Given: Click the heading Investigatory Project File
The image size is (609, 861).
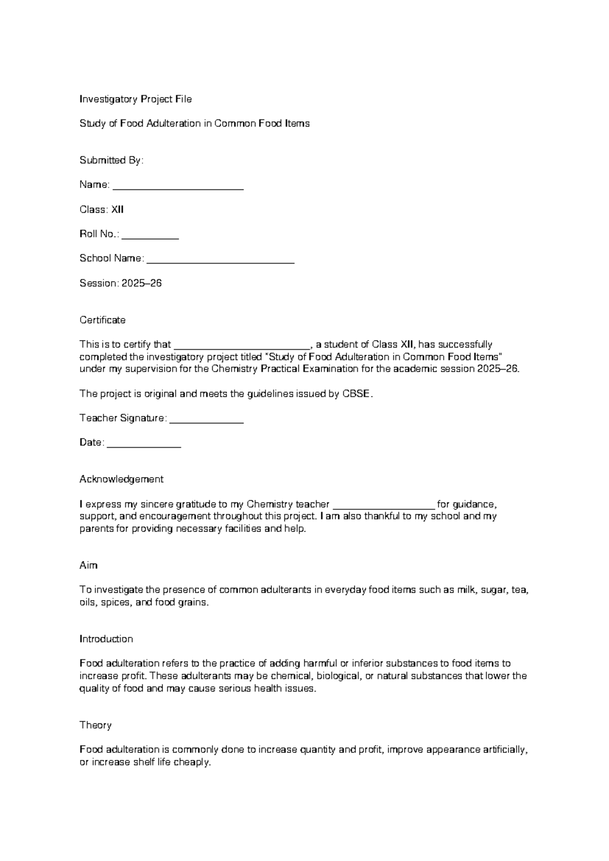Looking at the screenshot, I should coord(136,99).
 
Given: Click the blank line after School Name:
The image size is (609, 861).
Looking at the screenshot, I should coord(220,260).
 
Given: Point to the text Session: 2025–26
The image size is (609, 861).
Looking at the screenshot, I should coord(120,283).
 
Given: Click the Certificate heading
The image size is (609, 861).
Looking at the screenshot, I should coord(103,320).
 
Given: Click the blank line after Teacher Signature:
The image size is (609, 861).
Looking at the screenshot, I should coord(206,420).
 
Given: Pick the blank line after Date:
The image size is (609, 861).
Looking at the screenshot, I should coord(144,444).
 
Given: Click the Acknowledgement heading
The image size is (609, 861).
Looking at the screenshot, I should coord(121,479).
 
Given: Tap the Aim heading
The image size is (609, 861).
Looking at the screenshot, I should coord(88,566).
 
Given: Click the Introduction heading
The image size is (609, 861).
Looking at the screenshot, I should coord(106,639).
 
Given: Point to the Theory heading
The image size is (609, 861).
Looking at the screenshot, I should coord(95,725).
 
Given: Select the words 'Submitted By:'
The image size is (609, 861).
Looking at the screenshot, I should coord(112,160).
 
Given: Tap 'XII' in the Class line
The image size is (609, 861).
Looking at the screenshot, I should coord(117,210).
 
